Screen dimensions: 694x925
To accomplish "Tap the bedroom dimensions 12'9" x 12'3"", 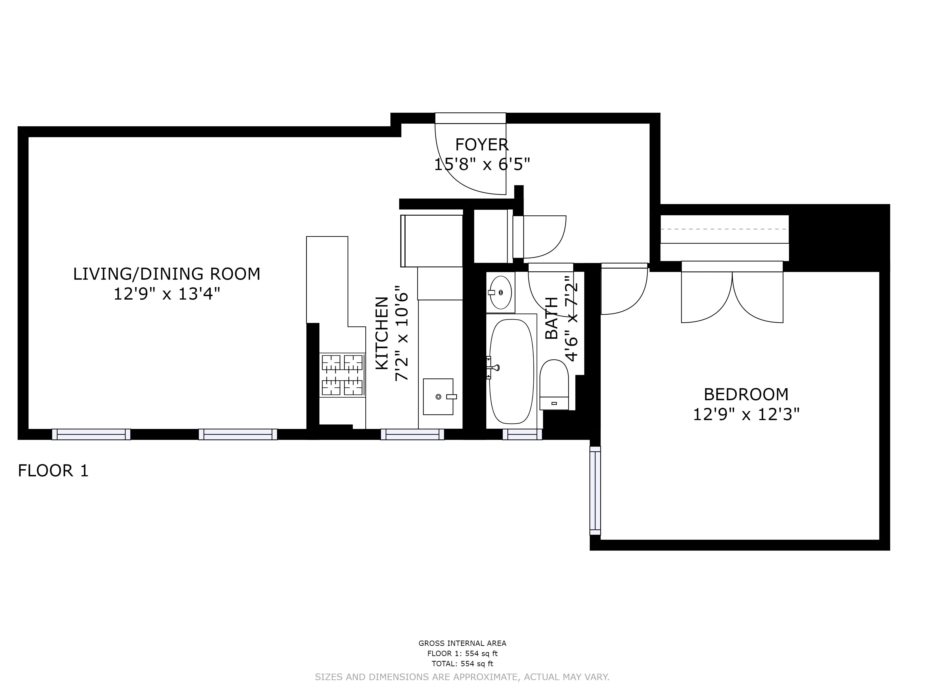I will pyautogui.click(x=746, y=415).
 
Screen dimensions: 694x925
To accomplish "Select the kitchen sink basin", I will pyautogui.click(x=438, y=397).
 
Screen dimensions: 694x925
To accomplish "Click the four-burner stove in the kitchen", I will pyautogui.click(x=342, y=375).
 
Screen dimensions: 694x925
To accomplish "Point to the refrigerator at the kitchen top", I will pyautogui.click(x=432, y=241).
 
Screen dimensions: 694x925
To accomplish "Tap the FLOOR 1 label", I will pyautogui.click(x=53, y=471).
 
